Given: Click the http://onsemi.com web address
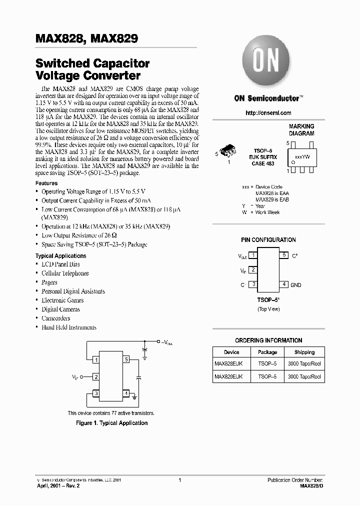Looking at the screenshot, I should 268,113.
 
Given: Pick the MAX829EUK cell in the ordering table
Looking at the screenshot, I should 228,376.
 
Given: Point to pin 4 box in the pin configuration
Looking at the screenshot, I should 284,284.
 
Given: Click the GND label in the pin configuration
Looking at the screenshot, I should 296,285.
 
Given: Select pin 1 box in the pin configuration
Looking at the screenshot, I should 253,255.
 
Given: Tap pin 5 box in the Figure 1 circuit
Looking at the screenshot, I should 127,359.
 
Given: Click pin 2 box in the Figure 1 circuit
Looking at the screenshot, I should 96,377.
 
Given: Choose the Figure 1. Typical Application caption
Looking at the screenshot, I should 111,423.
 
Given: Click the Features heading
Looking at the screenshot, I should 46,183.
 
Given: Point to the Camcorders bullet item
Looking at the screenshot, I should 55,318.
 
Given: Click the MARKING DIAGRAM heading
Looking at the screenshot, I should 301,130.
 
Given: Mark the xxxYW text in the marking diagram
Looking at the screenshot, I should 302,156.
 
